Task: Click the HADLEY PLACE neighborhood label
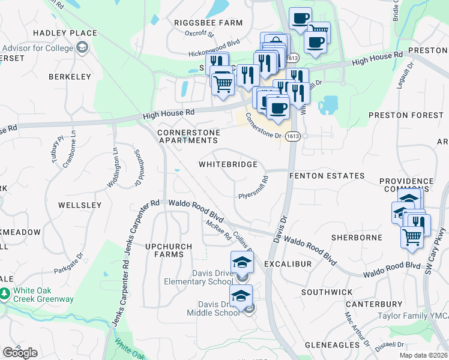click(65, 33)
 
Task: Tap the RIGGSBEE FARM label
click(208, 23)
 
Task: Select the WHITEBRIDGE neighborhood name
click(228, 164)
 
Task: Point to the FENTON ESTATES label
click(327, 176)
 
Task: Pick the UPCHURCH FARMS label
click(169, 250)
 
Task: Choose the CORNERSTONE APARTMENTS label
click(187, 136)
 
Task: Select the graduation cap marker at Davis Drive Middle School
click(241, 296)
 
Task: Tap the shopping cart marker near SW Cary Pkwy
click(412, 236)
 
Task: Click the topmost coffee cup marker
click(301, 18)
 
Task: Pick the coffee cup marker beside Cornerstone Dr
click(277, 108)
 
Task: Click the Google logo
click(20, 352)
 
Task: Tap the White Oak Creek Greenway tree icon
click(5, 293)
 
